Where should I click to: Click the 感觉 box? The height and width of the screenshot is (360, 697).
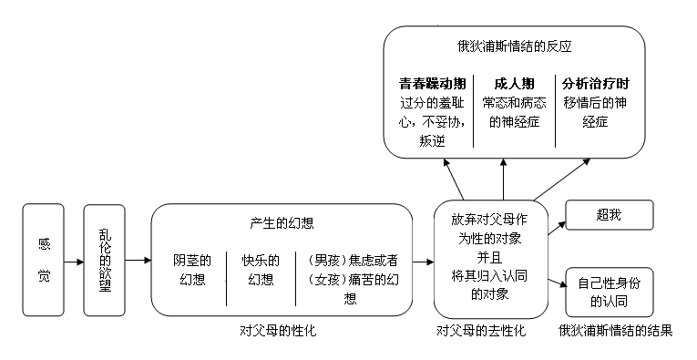[44, 259]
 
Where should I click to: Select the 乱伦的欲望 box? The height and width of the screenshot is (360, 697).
[104, 259]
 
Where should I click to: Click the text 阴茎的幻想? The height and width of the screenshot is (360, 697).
[192, 269]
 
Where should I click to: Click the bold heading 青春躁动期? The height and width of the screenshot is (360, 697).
[432, 82]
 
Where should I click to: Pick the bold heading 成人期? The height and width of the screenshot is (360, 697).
[514, 82]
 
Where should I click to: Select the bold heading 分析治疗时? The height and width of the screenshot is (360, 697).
[595, 82]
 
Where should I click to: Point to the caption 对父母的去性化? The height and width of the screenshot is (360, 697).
[481, 330]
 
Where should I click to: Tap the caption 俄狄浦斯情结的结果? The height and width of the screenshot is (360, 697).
[615, 330]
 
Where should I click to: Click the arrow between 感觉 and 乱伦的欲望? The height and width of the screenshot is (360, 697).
[73, 260]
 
